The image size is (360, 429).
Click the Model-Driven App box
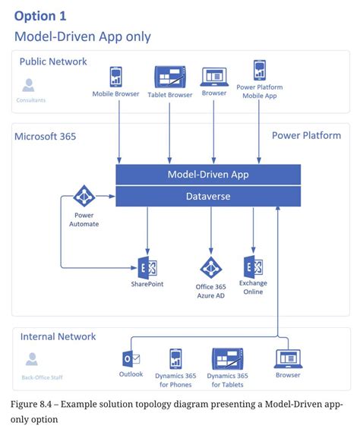pyautogui.click(x=207, y=175)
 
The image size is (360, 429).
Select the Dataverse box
pyautogui.click(x=207, y=197)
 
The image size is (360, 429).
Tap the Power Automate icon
pyautogui.click(x=83, y=197)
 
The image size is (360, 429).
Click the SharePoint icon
pyautogui.click(x=147, y=267)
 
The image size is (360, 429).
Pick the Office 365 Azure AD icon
pyautogui.click(x=210, y=267)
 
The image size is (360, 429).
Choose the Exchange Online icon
pyautogui.click(x=253, y=267)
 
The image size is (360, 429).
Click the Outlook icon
pyautogui.click(x=131, y=359)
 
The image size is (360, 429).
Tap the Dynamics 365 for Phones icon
pyautogui.click(x=175, y=358)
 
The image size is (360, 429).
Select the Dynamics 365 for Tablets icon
pyautogui.click(x=227, y=358)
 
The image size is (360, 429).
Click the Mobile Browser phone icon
pyautogui.click(x=116, y=77)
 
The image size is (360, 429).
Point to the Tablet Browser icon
pyautogui.click(x=170, y=77)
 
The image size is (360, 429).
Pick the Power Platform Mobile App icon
pyautogui.click(x=258, y=70)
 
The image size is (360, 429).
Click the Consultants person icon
pyautogui.click(x=29, y=85)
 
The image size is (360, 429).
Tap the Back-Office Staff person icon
pyautogui.click(x=32, y=359)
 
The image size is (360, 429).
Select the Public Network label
pyautogui.click(x=53, y=62)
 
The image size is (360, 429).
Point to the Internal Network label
pyautogui.click(x=58, y=336)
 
